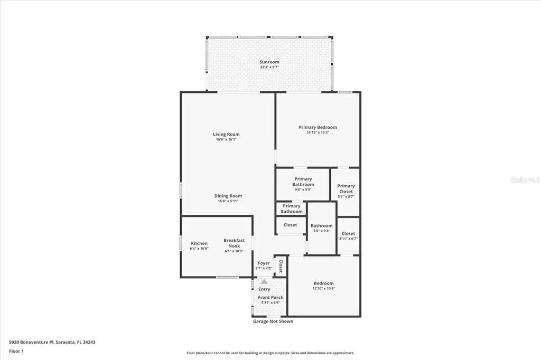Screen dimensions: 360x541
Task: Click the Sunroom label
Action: [269, 62]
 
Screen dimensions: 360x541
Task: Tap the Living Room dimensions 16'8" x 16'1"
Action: [226, 140]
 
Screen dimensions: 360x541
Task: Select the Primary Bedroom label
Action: [318, 127]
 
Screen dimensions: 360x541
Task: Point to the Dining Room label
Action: [228, 196]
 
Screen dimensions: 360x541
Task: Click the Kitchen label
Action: [199, 243]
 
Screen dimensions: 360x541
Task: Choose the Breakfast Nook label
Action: [234, 243]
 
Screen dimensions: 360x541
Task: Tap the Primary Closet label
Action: [346, 188]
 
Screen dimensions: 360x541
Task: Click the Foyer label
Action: [264, 263]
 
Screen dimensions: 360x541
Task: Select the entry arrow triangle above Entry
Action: [264, 282]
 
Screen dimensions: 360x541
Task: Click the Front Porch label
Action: [270, 298]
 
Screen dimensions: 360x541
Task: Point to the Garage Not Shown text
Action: [273, 321]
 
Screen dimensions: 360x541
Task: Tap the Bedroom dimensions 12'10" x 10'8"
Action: [324, 289]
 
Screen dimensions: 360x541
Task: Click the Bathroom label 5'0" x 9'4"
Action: [322, 226]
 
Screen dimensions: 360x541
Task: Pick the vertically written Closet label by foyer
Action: [281, 266]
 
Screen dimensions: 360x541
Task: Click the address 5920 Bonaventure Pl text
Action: [52, 342]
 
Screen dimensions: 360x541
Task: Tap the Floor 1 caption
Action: [16, 351]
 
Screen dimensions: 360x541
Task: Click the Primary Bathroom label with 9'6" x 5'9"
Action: [303, 182]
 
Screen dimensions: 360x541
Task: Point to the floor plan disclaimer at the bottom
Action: [270, 353]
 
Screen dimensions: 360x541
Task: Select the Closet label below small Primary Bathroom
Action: [290, 225]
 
